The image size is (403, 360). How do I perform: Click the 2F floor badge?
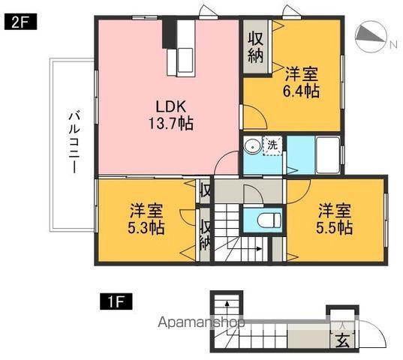coord(17,22)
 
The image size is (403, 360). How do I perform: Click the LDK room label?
coord(169,105)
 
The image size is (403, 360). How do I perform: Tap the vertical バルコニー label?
coord(74,142)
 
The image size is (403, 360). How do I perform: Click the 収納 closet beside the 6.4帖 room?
coord(256,46)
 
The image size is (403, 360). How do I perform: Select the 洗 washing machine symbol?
coord(273,145)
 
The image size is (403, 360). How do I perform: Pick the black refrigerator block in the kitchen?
coord(169,33)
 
